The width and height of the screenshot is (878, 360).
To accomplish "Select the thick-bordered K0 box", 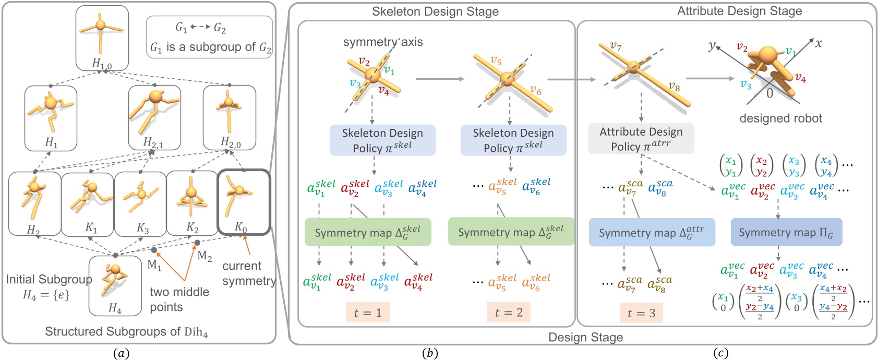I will [x=243, y=202].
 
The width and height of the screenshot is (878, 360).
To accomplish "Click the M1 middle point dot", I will [x=154, y=250].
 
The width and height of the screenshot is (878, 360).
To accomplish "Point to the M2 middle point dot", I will [x=197, y=243].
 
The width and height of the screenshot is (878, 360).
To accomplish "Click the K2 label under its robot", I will [x=193, y=228].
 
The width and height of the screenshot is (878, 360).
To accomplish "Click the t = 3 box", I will [x=641, y=313].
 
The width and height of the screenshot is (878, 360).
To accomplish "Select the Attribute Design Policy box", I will [x=641, y=139].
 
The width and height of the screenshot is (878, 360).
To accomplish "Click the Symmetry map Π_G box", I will [x=786, y=232].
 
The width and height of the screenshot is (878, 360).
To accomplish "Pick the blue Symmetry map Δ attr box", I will [x=652, y=232].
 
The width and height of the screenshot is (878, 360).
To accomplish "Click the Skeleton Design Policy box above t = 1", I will [x=382, y=140].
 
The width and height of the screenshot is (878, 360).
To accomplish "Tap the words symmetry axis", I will [x=382, y=43].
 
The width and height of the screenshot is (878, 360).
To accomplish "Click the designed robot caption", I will [x=780, y=118].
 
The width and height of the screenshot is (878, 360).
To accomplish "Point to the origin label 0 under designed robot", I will [x=769, y=94].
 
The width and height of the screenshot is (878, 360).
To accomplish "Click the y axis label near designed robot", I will [x=712, y=45].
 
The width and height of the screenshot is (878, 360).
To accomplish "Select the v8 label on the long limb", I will [x=674, y=87].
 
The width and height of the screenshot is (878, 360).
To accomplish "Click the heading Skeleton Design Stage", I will [x=435, y=11].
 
